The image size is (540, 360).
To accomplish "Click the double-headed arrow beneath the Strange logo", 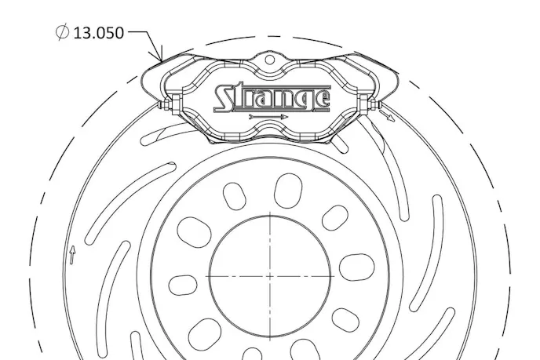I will pos(268,117).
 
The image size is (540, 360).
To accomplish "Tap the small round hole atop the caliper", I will pos(269,59).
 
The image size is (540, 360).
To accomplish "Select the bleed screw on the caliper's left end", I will pos(163,104).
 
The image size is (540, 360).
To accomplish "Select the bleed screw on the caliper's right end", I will pos(375,103).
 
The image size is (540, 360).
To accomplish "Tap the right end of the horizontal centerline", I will pos(334,276).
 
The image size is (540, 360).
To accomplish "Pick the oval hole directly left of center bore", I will pos(183,284).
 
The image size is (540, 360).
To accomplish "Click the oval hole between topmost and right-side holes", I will pos(335,217).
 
